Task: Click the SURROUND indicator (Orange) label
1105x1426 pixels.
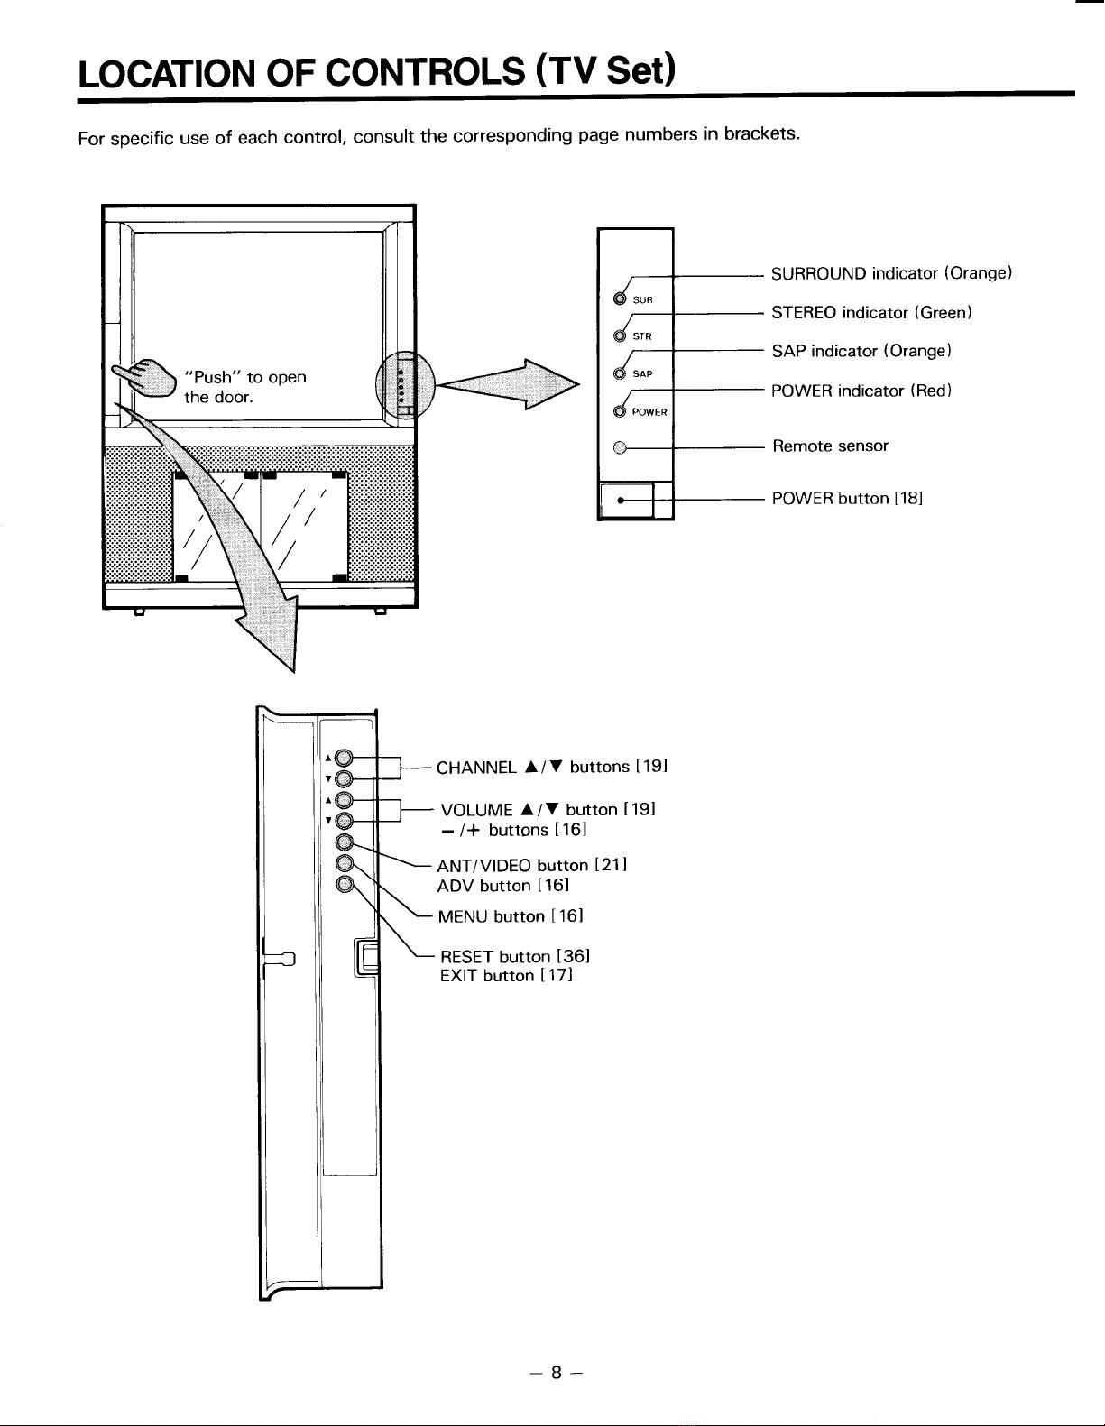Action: pyautogui.click(x=892, y=273)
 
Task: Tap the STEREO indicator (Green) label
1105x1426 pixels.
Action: pyautogui.click(x=871, y=312)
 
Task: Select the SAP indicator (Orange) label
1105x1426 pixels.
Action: pyautogui.click(x=861, y=351)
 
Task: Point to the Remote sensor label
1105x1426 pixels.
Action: pyautogui.click(x=830, y=446)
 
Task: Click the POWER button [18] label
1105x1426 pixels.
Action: pyautogui.click(x=847, y=499)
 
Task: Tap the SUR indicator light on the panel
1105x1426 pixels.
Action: pyautogui.click(x=620, y=299)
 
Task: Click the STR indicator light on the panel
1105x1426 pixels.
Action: pyautogui.click(x=620, y=336)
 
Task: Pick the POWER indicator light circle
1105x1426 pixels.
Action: pyautogui.click(x=620, y=410)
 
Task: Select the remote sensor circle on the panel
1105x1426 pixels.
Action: pyautogui.click(x=620, y=448)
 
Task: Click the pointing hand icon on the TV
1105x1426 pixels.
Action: pyautogui.click(x=145, y=378)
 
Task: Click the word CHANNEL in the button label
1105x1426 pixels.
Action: pyautogui.click(x=476, y=768)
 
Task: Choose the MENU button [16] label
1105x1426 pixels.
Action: pyautogui.click(x=511, y=916)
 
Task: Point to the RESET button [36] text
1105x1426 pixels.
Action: pyautogui.click(x=515, y=956)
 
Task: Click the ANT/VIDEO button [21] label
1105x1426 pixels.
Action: pyautogui.click(x=532, y=866)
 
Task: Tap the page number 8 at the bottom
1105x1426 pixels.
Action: pyautogui.click(x=557, y=1373)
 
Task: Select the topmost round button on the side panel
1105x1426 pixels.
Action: pyautogui.click(x=344, y=759)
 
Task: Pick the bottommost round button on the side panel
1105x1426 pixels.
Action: pyautogui.click(x=345, y=884)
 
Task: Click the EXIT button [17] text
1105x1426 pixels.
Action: pyautogui.click(x=507, y=976)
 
